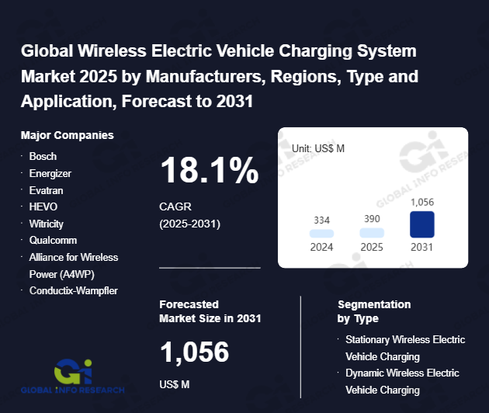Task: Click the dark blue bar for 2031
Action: [421, 224]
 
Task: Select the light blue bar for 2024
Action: [321, 233]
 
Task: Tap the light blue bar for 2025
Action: [372, 232]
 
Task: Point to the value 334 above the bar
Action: [321, 220]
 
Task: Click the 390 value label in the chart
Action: [372, 220]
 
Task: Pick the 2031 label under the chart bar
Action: [422, 248]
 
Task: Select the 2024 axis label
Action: [321, 248]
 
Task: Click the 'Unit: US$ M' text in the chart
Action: [318, 147]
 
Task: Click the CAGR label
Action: [175, 207]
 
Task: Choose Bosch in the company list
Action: [43, 156]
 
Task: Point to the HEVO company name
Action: [43, 206]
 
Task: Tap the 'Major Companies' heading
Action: [68, 135]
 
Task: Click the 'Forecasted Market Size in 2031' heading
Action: [210, 311]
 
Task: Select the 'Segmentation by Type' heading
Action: [374, 311]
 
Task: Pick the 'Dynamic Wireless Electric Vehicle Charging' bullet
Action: [402, 381]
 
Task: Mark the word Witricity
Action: [46, 224]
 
